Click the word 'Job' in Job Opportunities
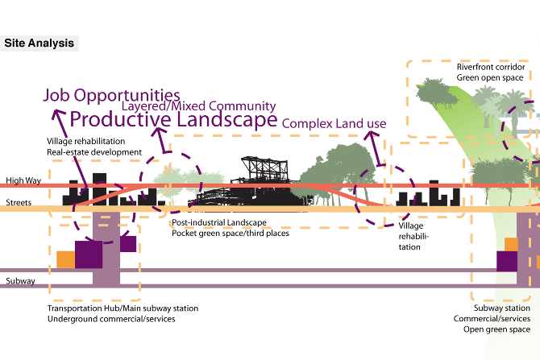tap(59, 96)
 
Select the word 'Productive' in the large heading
tap(119, 121)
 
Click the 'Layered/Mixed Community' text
tap(199, 106)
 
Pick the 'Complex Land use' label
tap(334, 124)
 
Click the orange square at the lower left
tap(65, 259)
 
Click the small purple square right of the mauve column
tap(129, 242)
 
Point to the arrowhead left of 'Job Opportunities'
tap(57, 115)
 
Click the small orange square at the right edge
tap(510, 245)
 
